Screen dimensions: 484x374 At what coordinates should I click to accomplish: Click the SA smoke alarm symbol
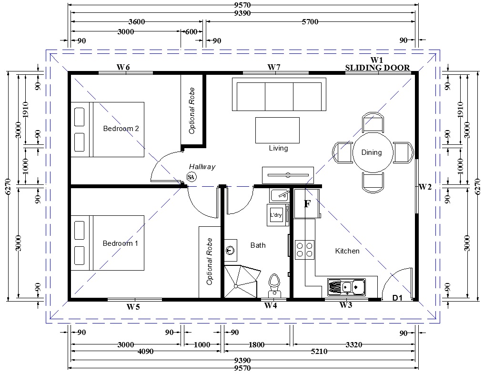click(x=192, y=177)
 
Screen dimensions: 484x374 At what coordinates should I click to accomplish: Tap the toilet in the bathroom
click(x=274, y=286)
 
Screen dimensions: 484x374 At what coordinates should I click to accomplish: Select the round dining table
click(x=373, y=152)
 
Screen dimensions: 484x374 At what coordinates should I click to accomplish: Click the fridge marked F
click(x=306, y=203)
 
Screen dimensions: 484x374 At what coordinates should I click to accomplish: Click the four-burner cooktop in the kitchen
click(x=305, y=250)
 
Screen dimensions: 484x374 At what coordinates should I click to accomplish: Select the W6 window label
click(x=123, y=67)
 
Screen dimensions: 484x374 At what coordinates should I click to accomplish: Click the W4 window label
click(x=271, y=305)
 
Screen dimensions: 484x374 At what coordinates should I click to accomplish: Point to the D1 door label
click(x=397, y=298)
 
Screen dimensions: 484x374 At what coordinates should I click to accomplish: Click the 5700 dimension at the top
click(x=310, y=21)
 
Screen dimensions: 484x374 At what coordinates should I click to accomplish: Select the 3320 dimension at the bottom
click(x=354, y=344)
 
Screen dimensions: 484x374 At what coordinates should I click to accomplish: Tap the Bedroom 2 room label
click(x=121, y=129)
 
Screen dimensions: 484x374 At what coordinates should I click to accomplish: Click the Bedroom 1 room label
click(x=121, y=243)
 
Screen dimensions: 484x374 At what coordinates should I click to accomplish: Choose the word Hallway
click(x=202, y=167)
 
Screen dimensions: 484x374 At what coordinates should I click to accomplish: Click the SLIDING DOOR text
click(x=377, y=68)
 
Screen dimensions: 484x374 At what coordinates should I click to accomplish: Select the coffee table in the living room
click(x=277, y=130)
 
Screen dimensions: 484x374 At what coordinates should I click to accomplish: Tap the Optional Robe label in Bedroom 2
click(x=192, y=111)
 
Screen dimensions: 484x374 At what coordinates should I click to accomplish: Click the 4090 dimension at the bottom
click(x=145, y=352)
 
